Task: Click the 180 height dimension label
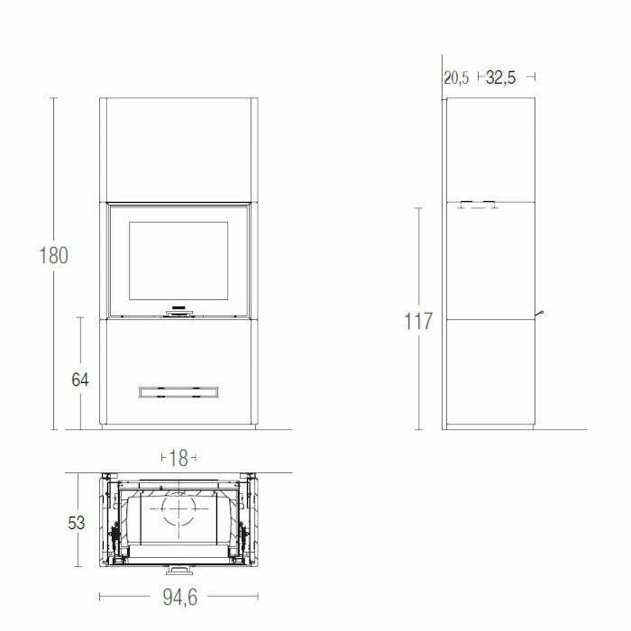[x=53, y=255]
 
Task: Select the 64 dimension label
[x=80, y=380]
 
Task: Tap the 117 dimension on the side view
[x=418, y=322]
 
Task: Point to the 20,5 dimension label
[x=456, y=78]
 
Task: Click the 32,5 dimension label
[x=500, y=78]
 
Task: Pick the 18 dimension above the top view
[x=178, y=459]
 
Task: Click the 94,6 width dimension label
[x=178, y=596]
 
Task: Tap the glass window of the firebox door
[x=178, y=261]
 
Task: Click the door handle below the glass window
[x=178, y=311]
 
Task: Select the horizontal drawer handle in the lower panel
[x=178, y=391]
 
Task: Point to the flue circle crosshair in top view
[x=178, y=513]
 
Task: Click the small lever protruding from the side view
[x=540, y=314]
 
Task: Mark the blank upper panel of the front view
[x=178, y=150]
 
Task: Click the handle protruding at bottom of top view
[x=178, y=571]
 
